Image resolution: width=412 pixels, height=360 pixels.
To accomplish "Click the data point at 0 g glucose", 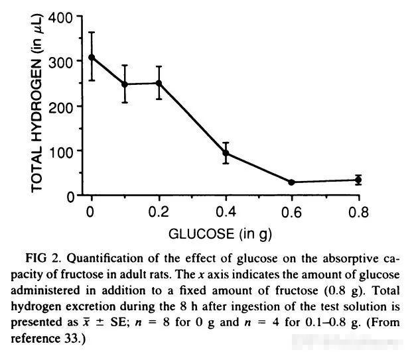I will pos(92,57).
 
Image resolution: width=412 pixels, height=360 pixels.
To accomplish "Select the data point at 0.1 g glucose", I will pos(125,84).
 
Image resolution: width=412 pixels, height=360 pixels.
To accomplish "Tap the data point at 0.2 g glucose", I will pos(159,83).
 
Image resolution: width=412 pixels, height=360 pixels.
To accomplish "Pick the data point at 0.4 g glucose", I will pos(226,153).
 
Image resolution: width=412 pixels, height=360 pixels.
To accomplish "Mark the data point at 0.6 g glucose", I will pos(292,182).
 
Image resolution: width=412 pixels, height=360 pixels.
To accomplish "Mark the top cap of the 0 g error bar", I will pos(92,32).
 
